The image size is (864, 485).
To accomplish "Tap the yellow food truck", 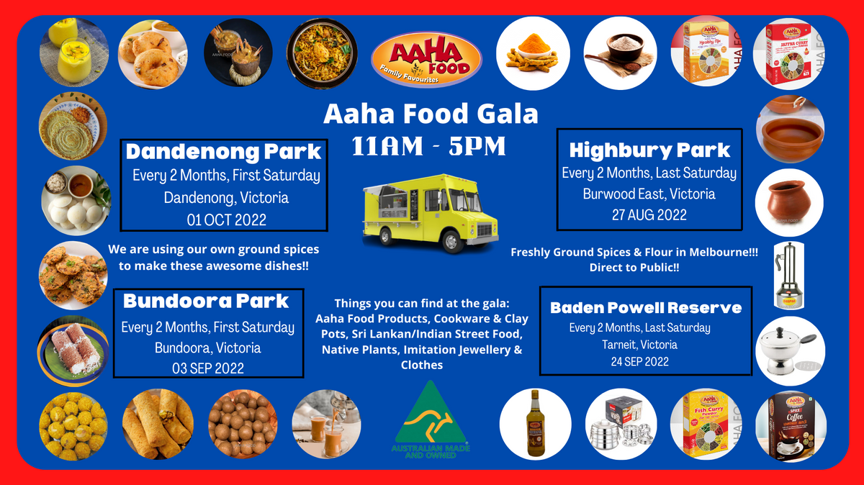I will [x=431, y=212].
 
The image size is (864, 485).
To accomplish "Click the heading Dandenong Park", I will [x=223, y=153].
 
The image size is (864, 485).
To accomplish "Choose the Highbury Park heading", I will [x=649, y=150].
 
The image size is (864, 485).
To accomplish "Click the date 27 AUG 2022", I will [x=649, y=214].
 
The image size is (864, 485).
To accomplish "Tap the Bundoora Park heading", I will [x=206, y=301].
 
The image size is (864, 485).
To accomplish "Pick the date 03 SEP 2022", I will [x=207, y=368].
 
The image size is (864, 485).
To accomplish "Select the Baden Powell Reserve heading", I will [x=646, y=307].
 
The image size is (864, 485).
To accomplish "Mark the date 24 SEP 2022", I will [x=639, y=361].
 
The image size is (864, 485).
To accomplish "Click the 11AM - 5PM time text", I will [x=429, y=147].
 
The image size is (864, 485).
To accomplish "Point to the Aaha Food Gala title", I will [x=431, y=113].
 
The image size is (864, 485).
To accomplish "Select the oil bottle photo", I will [x=535, y=424].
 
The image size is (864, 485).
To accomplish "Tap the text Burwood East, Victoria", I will [x=649, y=194].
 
